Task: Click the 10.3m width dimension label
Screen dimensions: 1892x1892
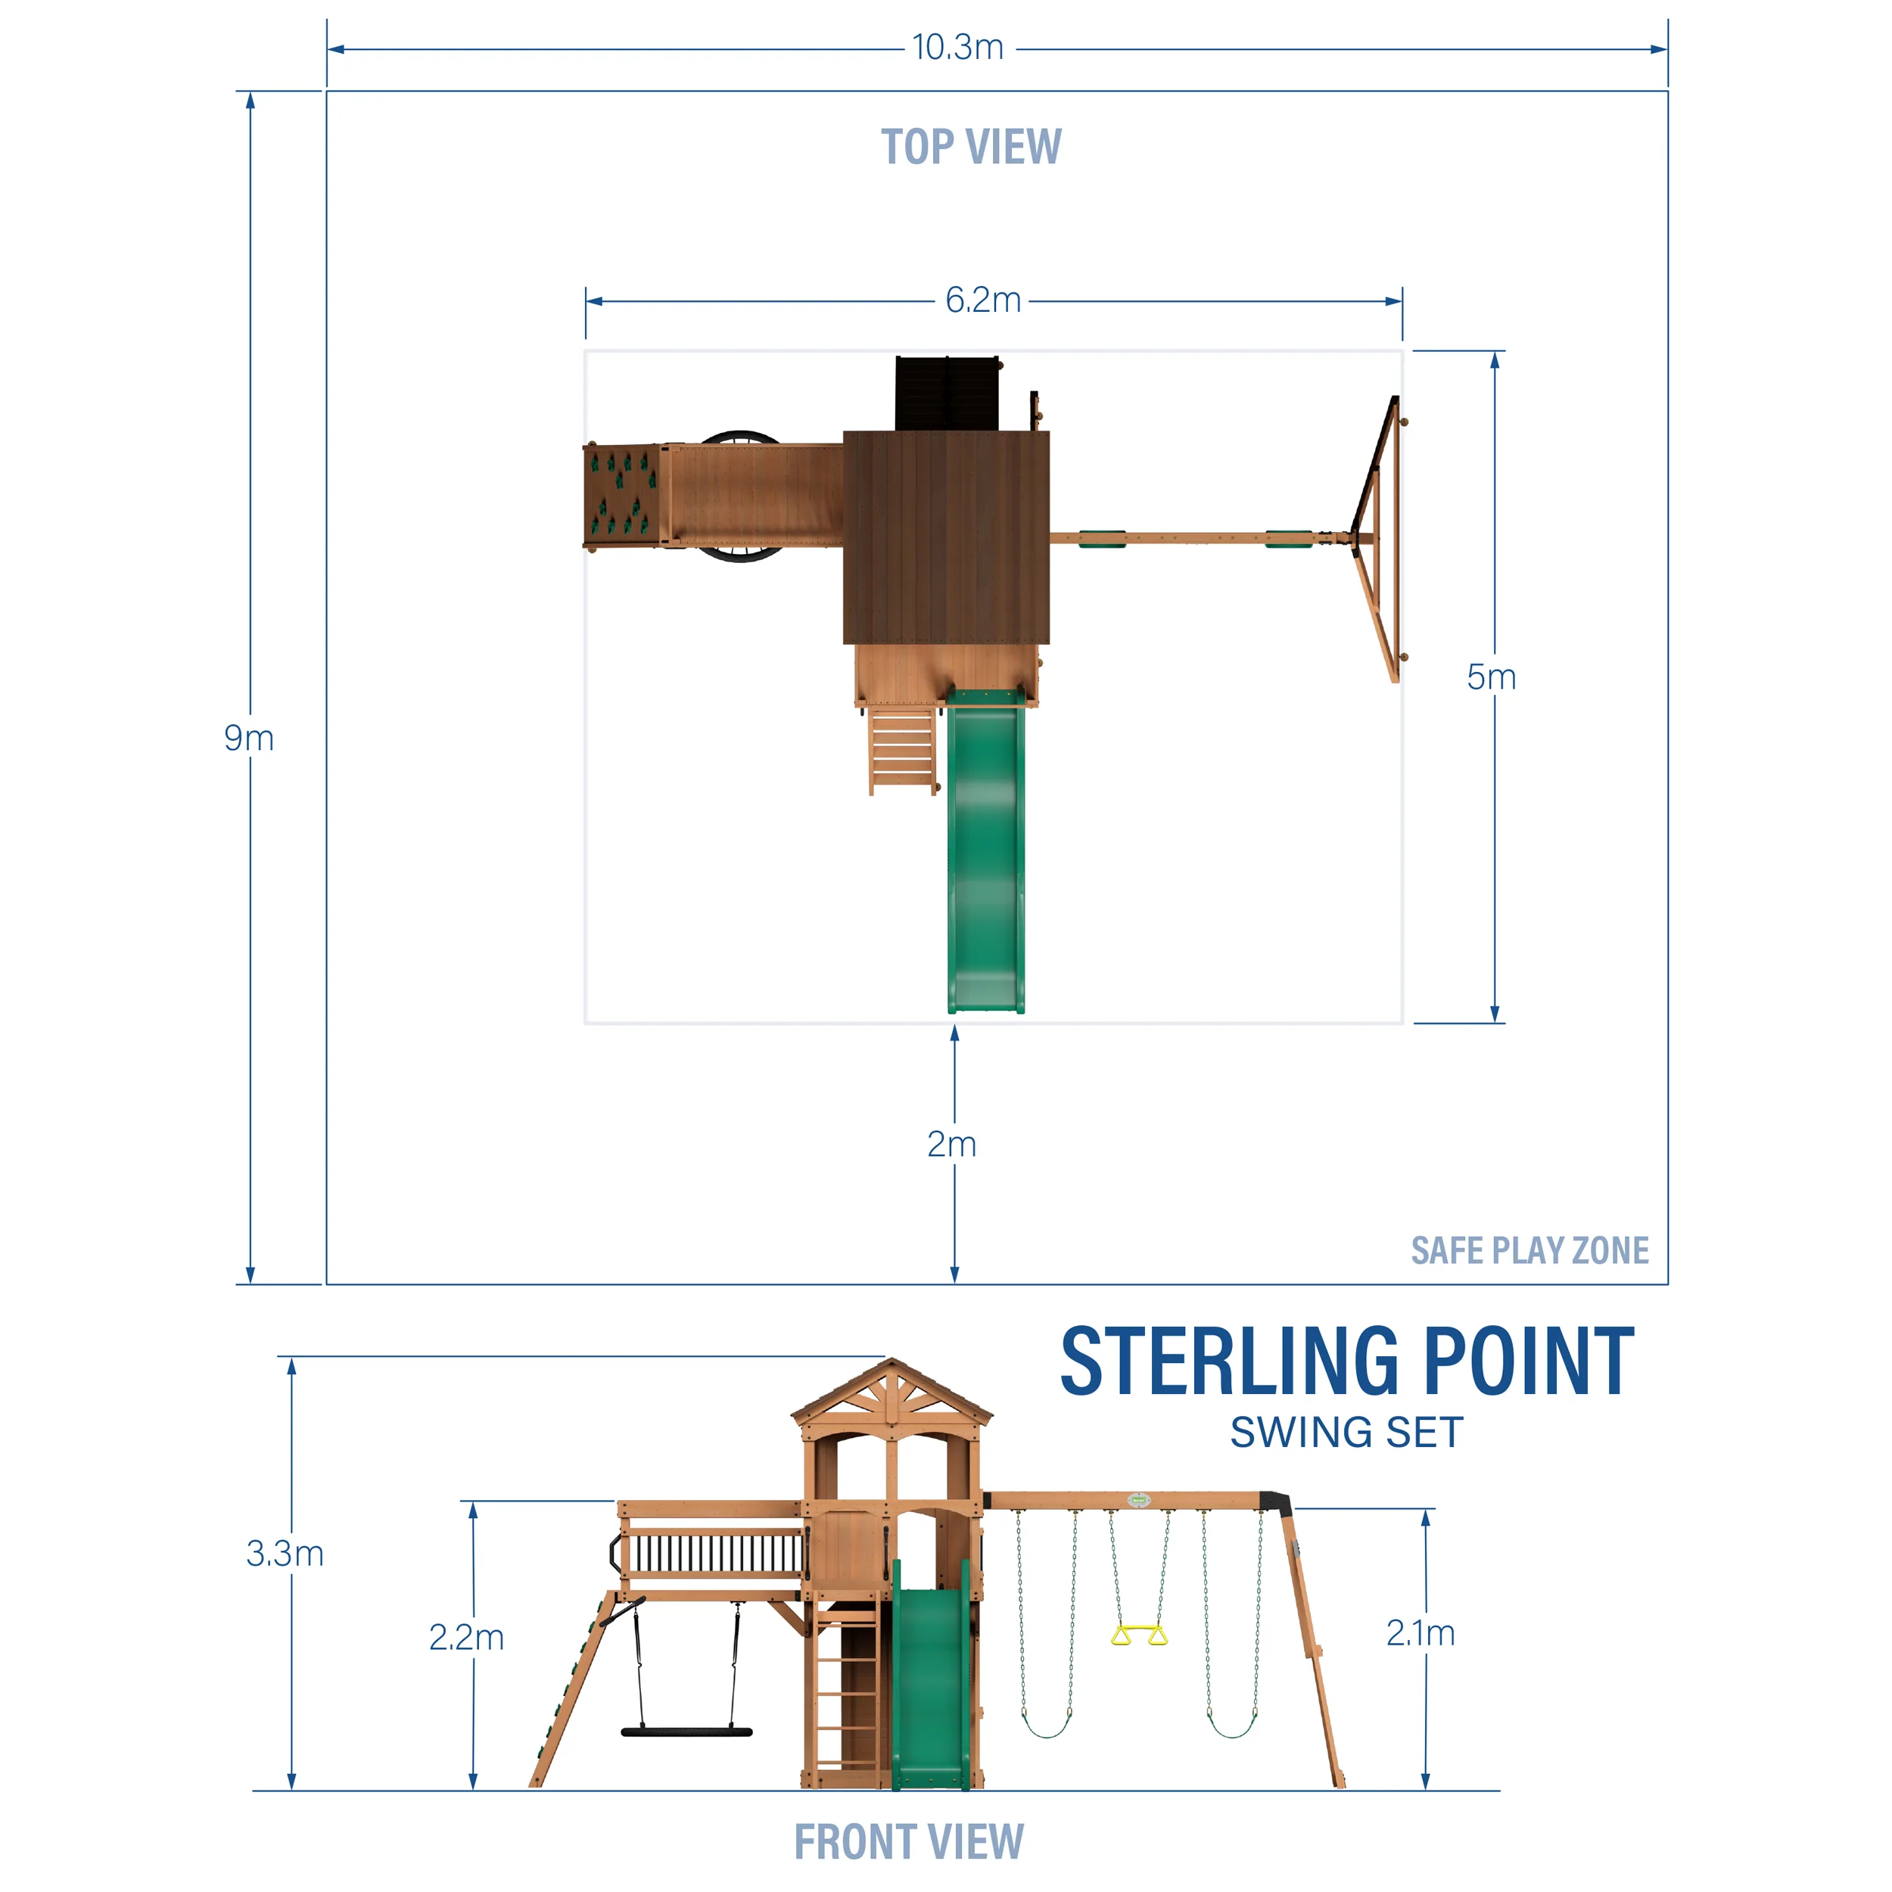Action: pyautogui.click(x=958, y=47)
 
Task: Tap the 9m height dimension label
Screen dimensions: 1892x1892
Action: pyautogui.click(x=249, y=739)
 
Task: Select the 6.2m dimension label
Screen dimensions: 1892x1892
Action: pyautogui.click(x=982, y=300)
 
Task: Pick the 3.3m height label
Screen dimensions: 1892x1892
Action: pyautogui.click(x=285, y=1553)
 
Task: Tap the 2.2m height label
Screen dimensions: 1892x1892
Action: pyautogui.click(x=466, y=1638)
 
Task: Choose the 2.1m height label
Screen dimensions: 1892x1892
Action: pyautogui.click(x=1420, y=1633)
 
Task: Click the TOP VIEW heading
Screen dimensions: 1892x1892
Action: pyautogui.click(x=970, y=147)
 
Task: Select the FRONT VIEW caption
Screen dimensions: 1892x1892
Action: pyautogui.click(x=909, y=1841)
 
